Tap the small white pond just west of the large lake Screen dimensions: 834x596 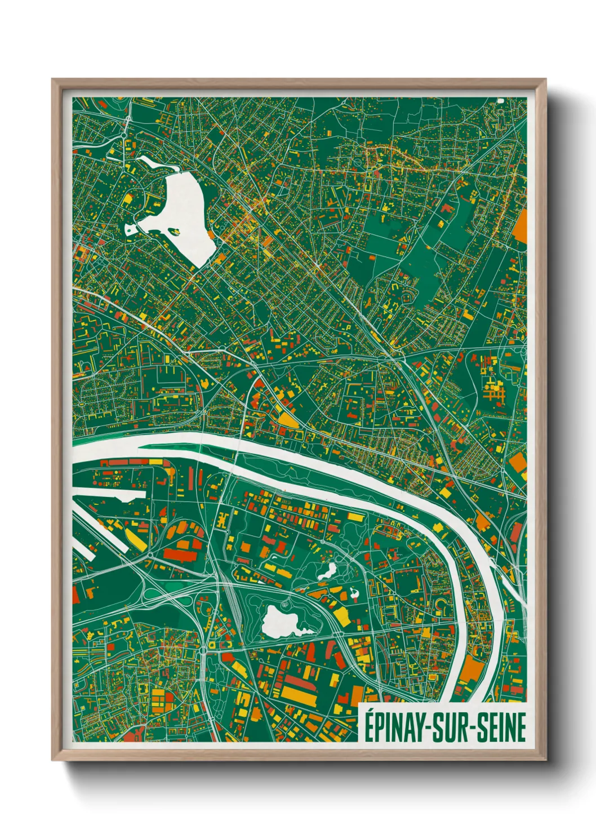coord(131,228)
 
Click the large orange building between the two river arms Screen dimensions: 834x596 coord(473,671)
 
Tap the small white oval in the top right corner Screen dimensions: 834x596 coord(500,101)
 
